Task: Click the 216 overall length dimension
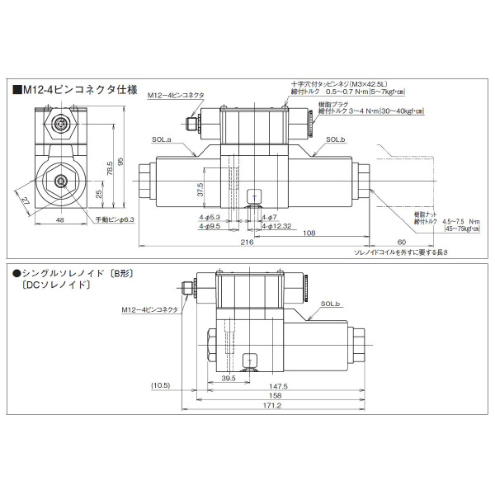(246, 243)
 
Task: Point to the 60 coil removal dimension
(401, 242)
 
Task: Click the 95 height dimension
(120, 160)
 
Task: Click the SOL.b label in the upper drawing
(336, 140)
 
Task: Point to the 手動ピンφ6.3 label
(114, 219)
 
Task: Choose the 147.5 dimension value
(277, 384)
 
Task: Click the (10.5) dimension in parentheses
(160, 385)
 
